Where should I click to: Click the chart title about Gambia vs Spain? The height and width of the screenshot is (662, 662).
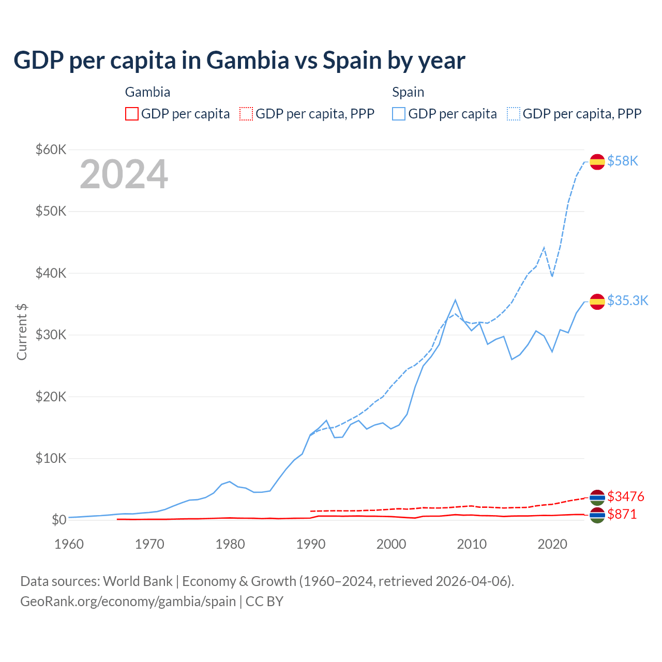[x=239, y=61]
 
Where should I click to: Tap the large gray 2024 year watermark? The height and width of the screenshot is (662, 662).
[x=124, y=174]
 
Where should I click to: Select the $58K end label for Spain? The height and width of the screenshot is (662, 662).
[x=623, y=161]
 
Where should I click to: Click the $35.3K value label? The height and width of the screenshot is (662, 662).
[x=627, y=301]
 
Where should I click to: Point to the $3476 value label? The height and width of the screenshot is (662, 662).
[x=626, y=497]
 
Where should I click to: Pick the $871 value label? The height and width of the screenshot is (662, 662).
[x=622, y=515]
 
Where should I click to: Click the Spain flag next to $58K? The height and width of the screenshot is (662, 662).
[x=597, y=161]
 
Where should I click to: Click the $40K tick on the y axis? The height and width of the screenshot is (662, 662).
[x=51, y=273]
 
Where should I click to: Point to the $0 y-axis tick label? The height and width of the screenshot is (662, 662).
[x=58, y=520]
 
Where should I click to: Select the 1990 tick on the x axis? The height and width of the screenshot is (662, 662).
[x=311, y=544]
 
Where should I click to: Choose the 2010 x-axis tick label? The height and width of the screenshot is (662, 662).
[x=472, y=544]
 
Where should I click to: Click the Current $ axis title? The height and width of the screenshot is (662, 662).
[x=22, y=332]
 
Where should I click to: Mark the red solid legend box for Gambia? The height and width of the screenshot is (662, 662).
[x=132, y=114]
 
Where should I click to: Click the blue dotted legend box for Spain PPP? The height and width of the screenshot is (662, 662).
[x=514, y=114]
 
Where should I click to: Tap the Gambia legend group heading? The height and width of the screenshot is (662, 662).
[x=147, y=92]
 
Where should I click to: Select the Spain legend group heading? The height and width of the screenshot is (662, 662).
[x=408, y=92]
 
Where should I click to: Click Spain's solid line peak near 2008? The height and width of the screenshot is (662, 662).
[x=455, y=300]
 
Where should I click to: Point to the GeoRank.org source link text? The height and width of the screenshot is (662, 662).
[x=128, y=601]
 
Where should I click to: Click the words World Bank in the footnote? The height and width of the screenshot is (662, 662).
[x=138, y=581]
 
